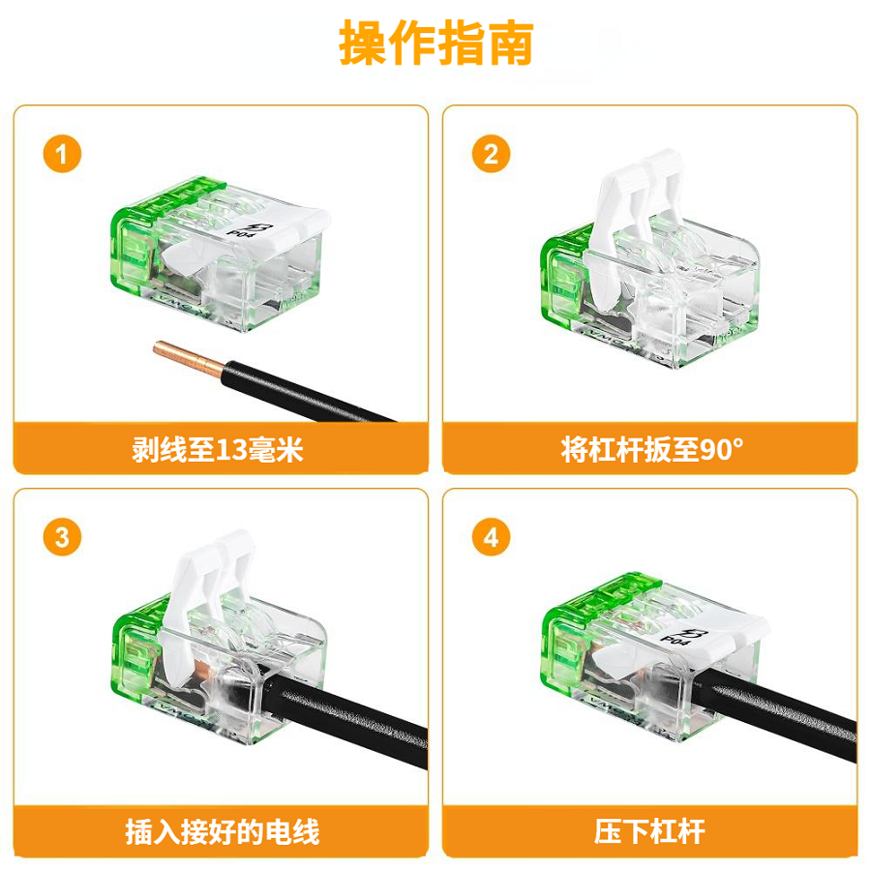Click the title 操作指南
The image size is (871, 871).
pyautogui.click(x=435, y=43)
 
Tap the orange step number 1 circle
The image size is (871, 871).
pyautogui.click(x=62, y=154)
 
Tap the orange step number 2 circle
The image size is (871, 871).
pyautogui.click(x=491, y=154)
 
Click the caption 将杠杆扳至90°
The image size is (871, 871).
pyautogui.click(x=650, y=449)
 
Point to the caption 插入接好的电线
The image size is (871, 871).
pyautogui.click(x=221, y=832)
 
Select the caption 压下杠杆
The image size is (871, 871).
pyautogui.click(x=650, y=832)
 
